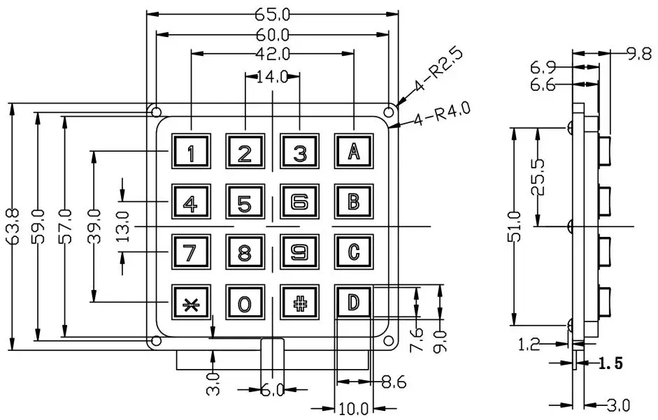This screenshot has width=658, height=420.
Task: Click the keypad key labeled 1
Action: click(190, 150)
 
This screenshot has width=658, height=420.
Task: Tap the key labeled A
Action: click(353, 150)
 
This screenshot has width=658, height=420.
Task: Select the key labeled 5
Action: click(245, 203)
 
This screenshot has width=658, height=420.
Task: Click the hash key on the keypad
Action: click(299, 303)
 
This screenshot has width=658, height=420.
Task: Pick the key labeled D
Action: click(353, 303)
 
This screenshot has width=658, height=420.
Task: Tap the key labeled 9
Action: click(299, 252)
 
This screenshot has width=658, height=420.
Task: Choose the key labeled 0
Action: click(245, 303)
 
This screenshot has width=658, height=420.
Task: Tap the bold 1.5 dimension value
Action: click(610, 363)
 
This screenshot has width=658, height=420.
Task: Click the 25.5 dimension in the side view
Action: click(547, 178)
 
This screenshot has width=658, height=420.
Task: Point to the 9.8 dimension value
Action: click(640, 53)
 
